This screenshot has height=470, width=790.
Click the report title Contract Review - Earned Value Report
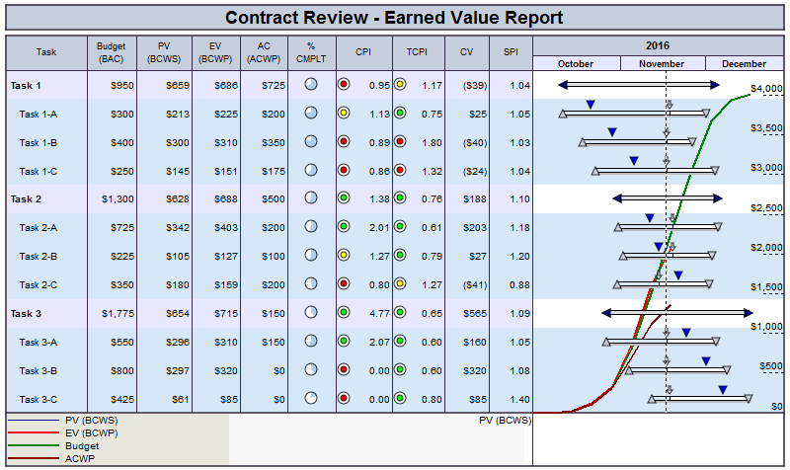tap(394, 18)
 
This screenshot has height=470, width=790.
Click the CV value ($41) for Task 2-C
tap(474, 284)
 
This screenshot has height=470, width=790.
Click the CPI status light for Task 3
tap(344, 313)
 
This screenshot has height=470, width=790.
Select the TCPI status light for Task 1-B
tap(400, 142)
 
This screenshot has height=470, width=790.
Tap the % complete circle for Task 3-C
tap(311, 399)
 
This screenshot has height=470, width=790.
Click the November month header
tap(662, 63)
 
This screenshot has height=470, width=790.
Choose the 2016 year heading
tap(657, 45)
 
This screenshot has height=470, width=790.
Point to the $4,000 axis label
tap(766, 89)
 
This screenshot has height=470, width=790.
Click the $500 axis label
tap(771, 365)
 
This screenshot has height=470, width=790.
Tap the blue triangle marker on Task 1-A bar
tap(591, 104)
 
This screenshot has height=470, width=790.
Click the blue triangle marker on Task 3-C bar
tap(723, 390)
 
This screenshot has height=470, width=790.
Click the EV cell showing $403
tap(224, 227)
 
